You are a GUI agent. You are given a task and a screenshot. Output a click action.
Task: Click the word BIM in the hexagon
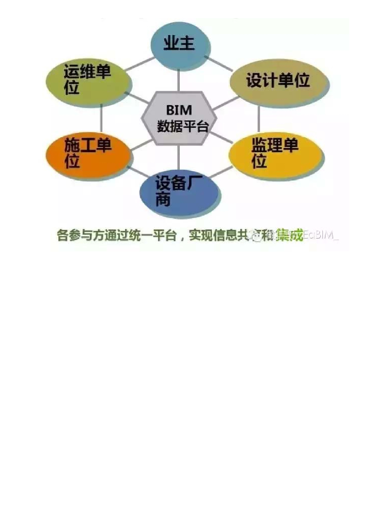coord(179,110)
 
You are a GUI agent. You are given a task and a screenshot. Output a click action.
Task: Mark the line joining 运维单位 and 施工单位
coord(101,118)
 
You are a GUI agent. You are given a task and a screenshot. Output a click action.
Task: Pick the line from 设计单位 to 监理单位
coord(259,118)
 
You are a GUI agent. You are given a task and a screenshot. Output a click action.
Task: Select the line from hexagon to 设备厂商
coord(179,157)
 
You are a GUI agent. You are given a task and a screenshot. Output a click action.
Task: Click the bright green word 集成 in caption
coord(289,235)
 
